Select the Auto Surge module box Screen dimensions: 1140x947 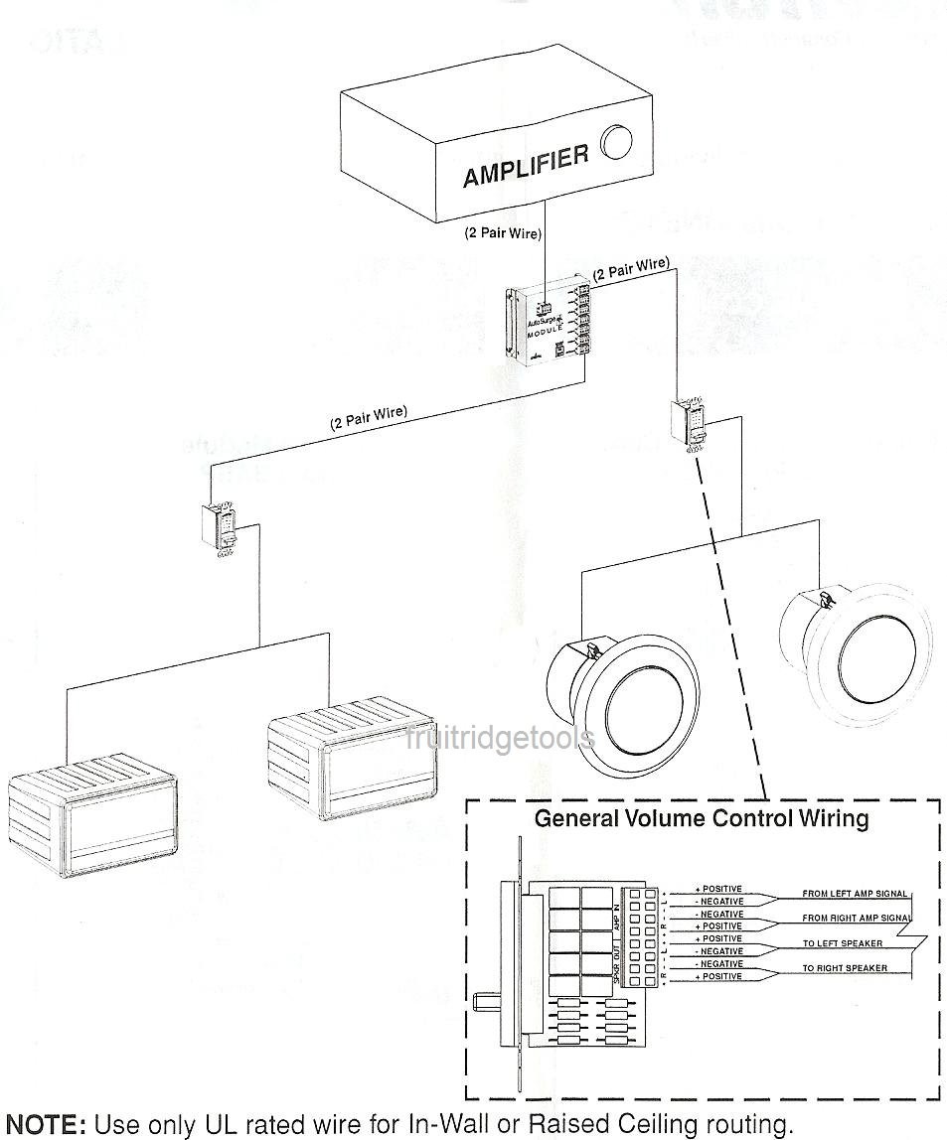point(548,324)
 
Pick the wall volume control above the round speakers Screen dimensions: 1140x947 point(693,422)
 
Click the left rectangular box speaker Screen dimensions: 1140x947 point(92,813)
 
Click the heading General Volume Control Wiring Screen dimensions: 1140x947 point(702,819)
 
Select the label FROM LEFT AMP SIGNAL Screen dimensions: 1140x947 point(855,894)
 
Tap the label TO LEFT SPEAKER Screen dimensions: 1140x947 point(843,943)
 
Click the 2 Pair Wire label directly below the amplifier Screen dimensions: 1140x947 point(503,235)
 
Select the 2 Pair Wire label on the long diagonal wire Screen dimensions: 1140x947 point(369,418)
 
